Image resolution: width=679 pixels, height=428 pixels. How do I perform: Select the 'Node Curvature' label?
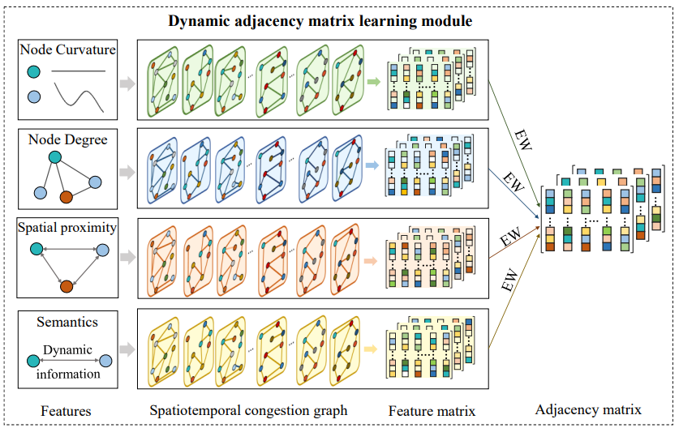coord(67,50)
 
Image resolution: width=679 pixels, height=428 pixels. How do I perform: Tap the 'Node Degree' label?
coord(67,139)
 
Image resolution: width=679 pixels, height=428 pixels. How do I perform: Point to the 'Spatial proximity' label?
coord(67,228)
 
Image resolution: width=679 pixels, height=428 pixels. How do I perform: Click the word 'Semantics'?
coord(67,322)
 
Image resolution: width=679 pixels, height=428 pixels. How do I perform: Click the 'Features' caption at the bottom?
coord(66,411)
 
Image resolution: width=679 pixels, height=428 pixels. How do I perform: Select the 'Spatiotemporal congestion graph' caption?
coord(249,411)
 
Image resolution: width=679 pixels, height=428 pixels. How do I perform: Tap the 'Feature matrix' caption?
coord(432,411)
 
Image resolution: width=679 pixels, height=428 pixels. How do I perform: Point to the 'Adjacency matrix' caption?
coord(599,409)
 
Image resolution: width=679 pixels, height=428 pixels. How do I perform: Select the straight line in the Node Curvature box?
coord(79,72)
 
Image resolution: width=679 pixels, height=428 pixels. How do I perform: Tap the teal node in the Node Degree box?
coord(54,157)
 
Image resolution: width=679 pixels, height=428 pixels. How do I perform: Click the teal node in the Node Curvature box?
coord(33,72)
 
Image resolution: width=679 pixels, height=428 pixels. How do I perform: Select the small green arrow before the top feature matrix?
coord(374,81)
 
